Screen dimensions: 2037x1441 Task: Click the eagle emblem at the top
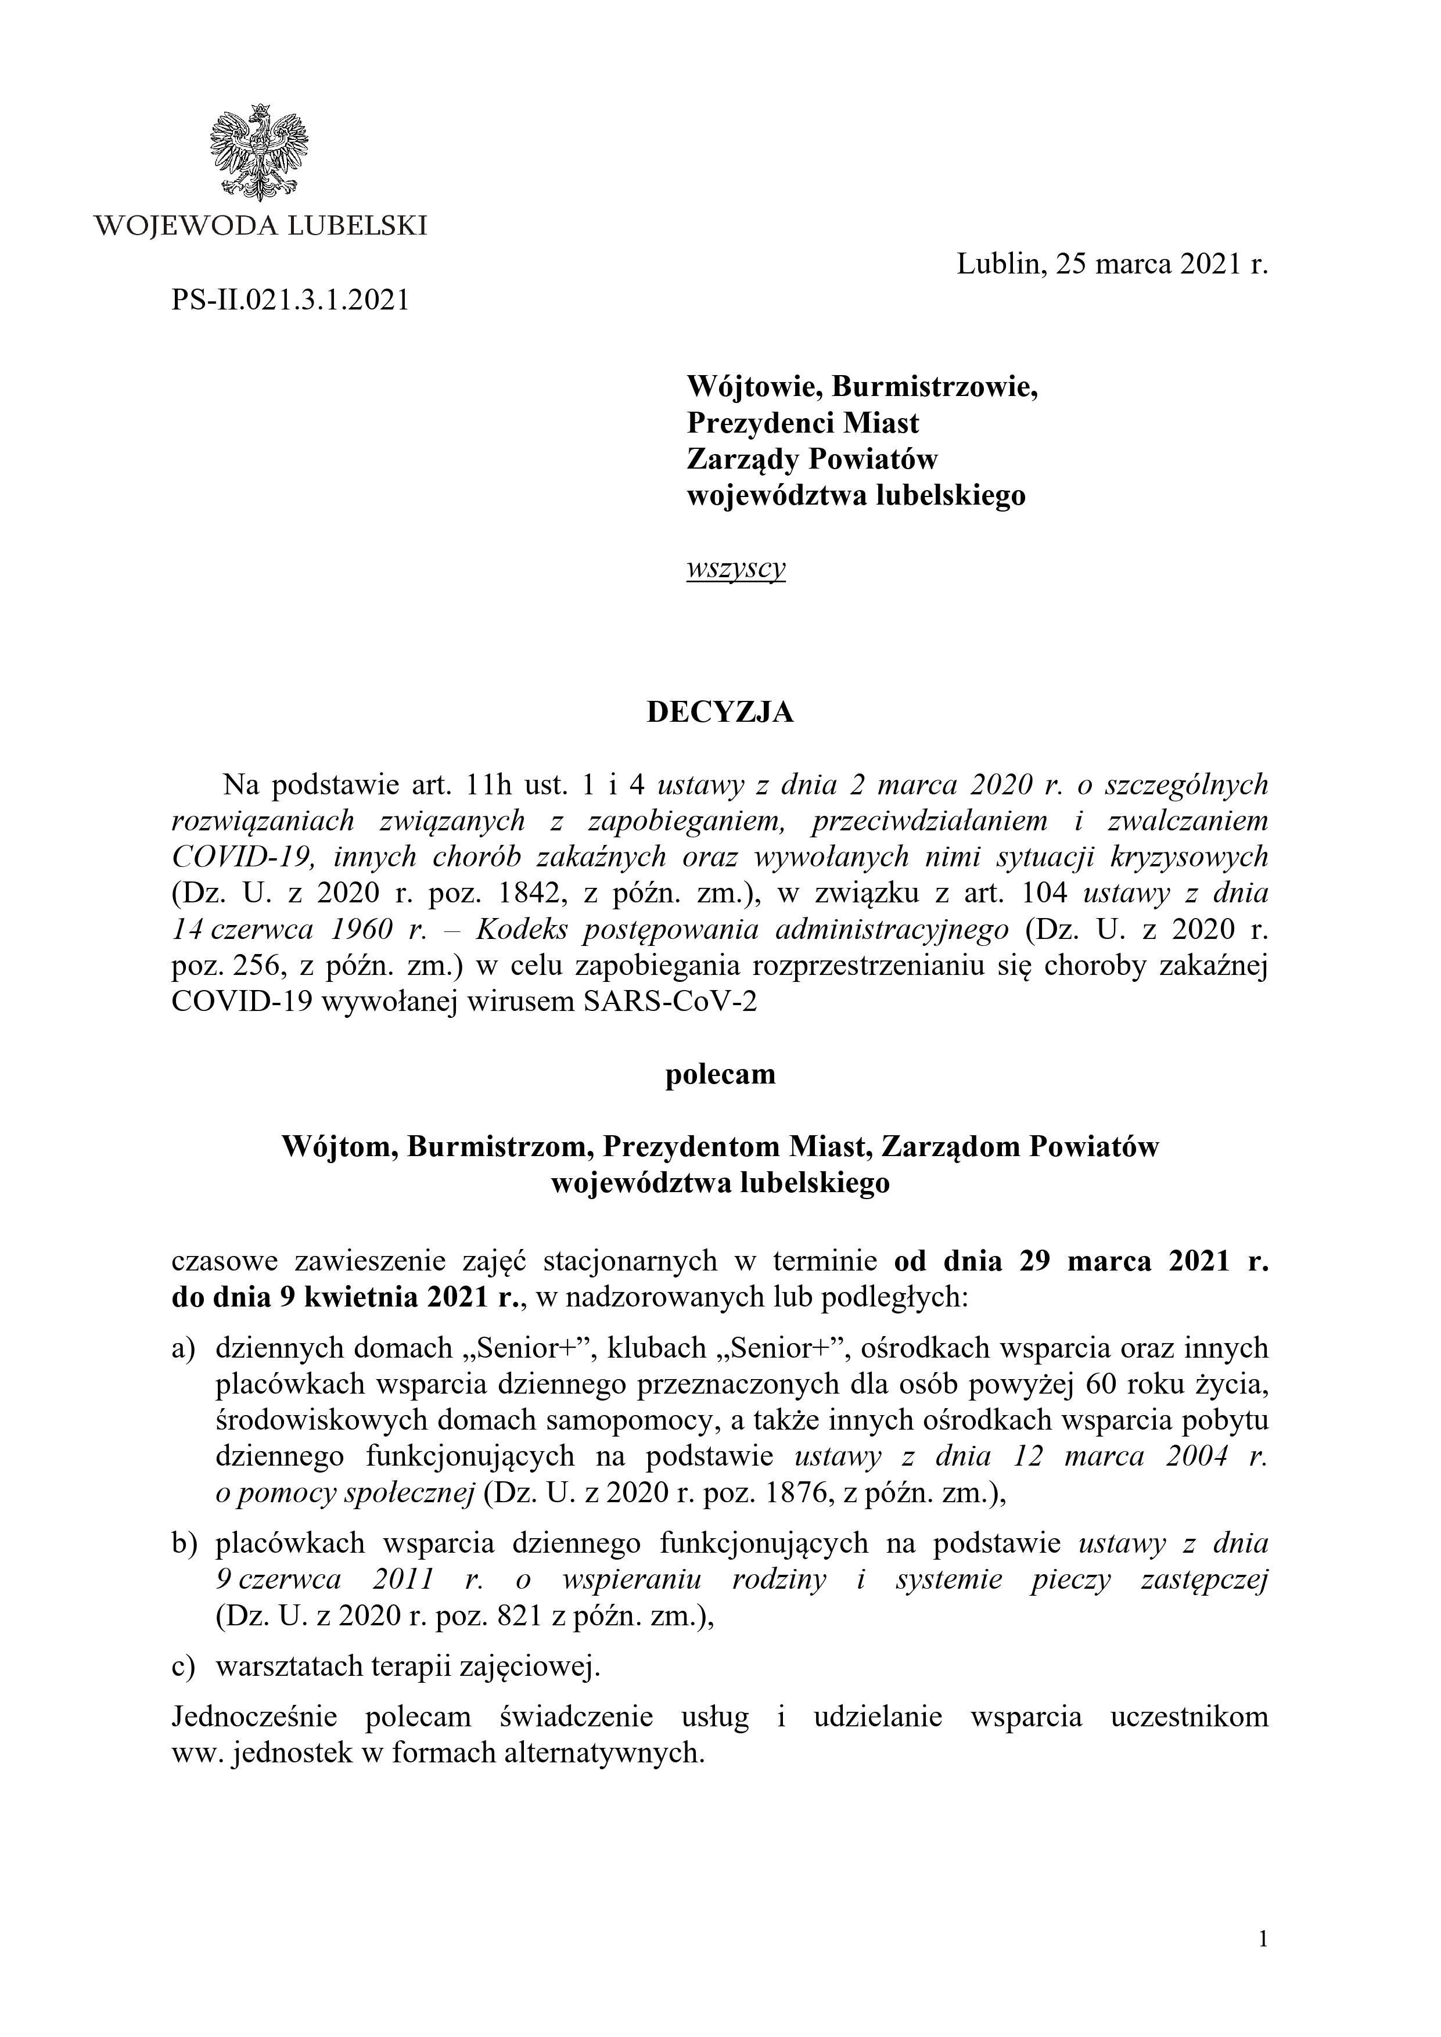pos(258,151)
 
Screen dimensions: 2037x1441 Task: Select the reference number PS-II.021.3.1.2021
pos(290,301)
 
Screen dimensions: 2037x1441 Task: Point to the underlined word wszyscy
pos(735,568)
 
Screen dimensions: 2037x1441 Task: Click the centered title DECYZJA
pos(720,712)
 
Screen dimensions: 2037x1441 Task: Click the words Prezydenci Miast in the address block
pos(803,422)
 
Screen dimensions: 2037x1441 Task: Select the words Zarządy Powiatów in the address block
pos(812,459)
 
